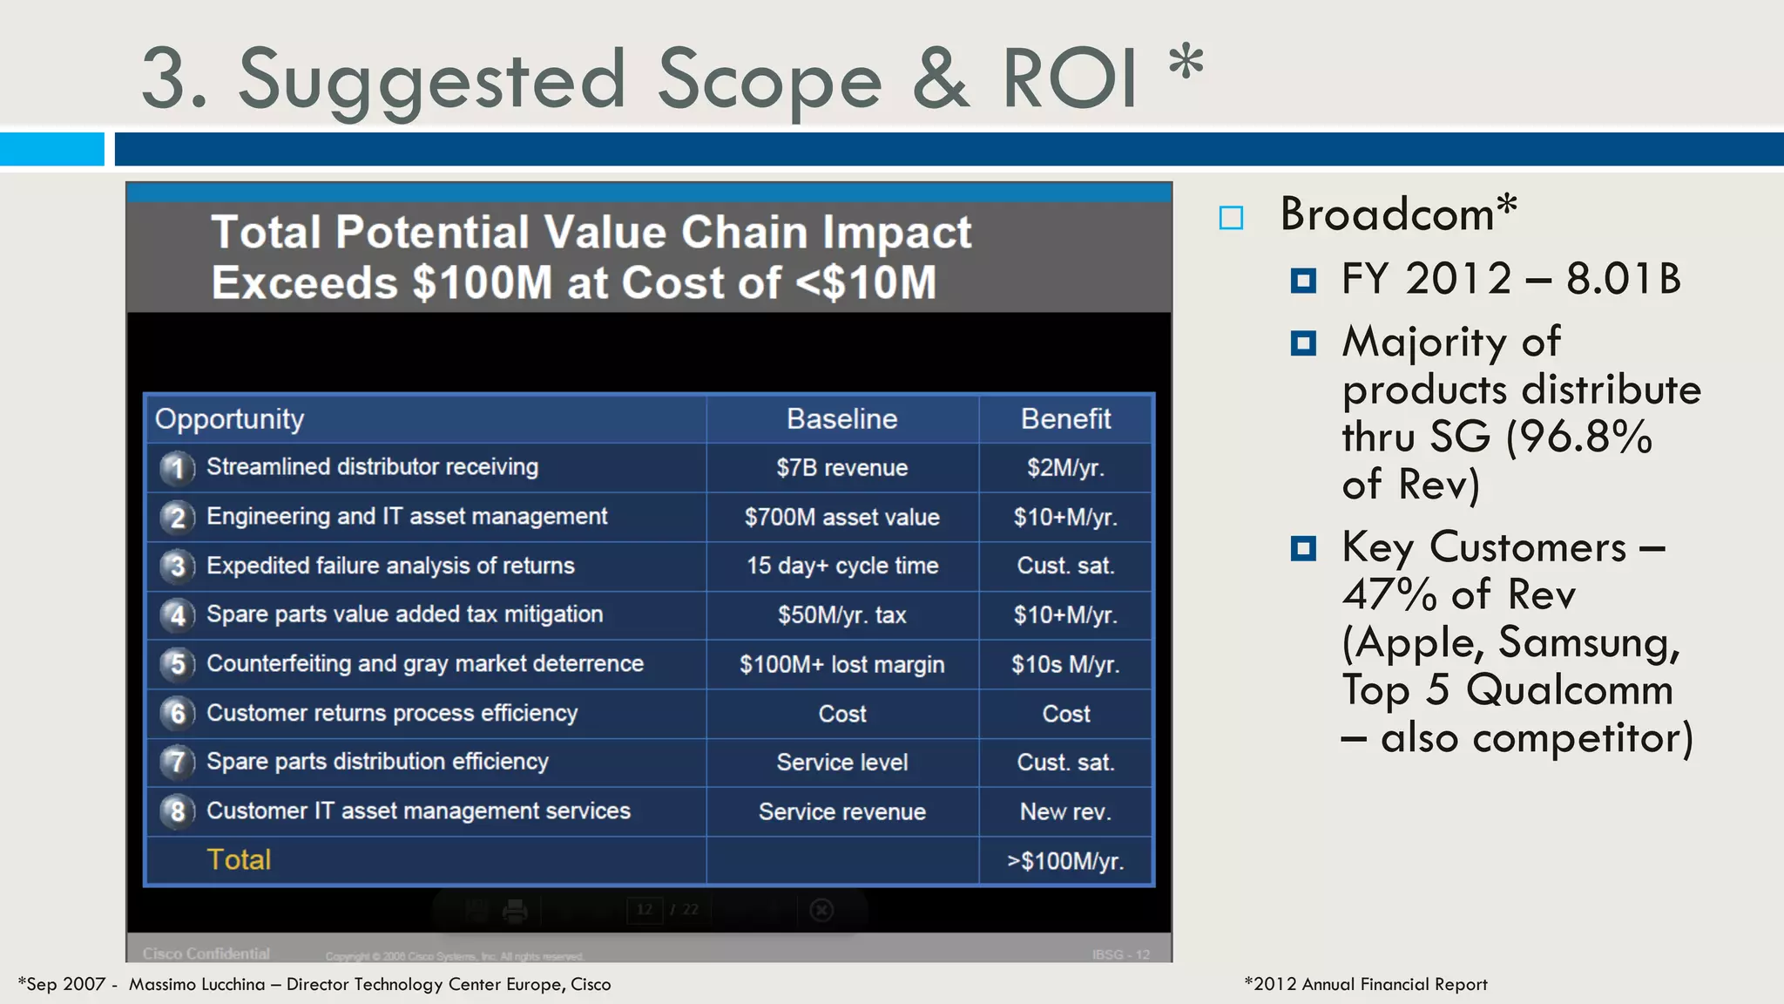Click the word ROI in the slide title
[x=1070, y=79]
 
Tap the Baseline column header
[x=841, y=419]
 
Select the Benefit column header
[x=1065, y=419]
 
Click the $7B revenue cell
[x=841, y=468]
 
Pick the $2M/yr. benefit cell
[x=1065, y=468]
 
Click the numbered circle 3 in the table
[x=177, y=566]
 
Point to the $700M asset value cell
[x=841, y=518]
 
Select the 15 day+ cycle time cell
[x=841, y=566]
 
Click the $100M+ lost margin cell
[x=841, y=665]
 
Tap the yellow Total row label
[x=239, y=860]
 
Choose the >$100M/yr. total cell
[x=1065, y=861]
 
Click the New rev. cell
[x=1065, y=812]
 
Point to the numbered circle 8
[x=177, y=811]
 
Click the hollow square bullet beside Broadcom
[x=1231, y=218]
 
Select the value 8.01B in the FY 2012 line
[x=1623, y=280]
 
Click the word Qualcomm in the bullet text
[x=1569, y=690]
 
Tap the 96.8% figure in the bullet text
[x=1579, y=437]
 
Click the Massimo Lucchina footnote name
[x=197, y=985]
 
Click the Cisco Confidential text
[x=206, y=953]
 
